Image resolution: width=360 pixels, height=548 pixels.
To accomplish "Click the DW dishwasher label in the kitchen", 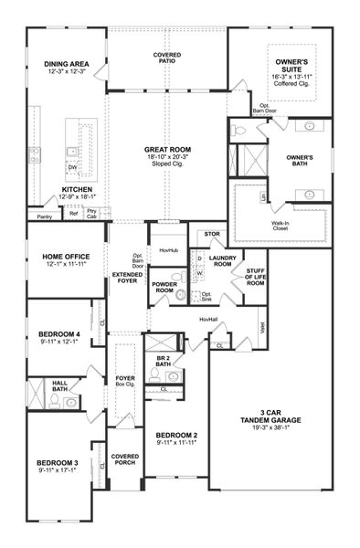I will [x=71, y=168].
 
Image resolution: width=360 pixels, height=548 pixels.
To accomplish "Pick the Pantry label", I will [x=44, y=216].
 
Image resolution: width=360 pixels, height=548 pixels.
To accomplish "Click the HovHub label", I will [x=167, y=249].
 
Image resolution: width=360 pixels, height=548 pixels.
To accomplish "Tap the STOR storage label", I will [x=213, y=234].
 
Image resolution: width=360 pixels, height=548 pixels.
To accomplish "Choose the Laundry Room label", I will [x=222, y=262].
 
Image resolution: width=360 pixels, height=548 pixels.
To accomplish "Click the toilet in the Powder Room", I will [x=180, y=295].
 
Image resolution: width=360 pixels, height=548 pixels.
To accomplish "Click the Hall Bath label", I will [x=59, y=387].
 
